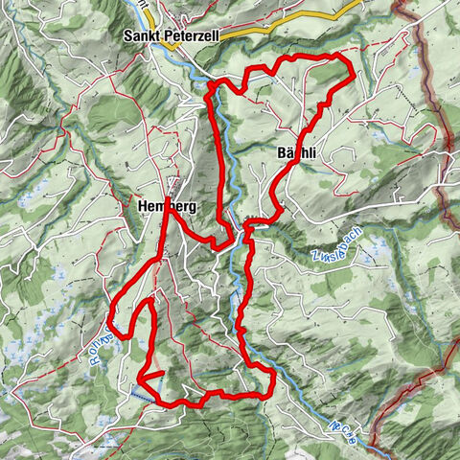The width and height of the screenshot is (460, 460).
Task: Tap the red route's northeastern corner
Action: [352, 73]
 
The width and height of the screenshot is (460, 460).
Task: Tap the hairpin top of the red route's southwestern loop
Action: [149, 302]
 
